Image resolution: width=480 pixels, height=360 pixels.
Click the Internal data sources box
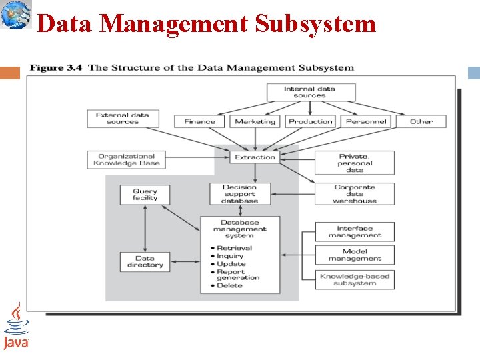310,92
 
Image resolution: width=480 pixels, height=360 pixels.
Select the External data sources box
123,119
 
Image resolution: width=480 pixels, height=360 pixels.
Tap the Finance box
199,121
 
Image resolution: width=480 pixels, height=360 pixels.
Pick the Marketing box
255,121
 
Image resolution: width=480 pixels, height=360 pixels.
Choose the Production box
310,121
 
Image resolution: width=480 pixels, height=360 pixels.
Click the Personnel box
366,121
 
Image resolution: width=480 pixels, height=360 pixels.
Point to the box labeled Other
421,121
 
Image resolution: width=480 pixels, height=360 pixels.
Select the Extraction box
255,157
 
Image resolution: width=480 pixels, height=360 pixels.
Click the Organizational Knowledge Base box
126,160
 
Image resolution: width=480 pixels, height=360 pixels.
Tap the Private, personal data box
355,163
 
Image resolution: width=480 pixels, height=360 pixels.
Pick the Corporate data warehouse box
355,194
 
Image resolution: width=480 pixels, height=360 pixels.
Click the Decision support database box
239,194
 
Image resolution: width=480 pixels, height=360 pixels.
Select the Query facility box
145,195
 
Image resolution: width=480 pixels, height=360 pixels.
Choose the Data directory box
145,261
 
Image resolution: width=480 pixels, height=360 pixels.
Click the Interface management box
355,232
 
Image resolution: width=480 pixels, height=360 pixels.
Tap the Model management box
355,255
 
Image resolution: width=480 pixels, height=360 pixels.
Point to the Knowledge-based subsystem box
355,280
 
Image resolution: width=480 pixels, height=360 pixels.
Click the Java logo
15,327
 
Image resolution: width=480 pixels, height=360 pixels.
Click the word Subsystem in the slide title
315,24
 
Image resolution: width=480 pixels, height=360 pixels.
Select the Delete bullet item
230,286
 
